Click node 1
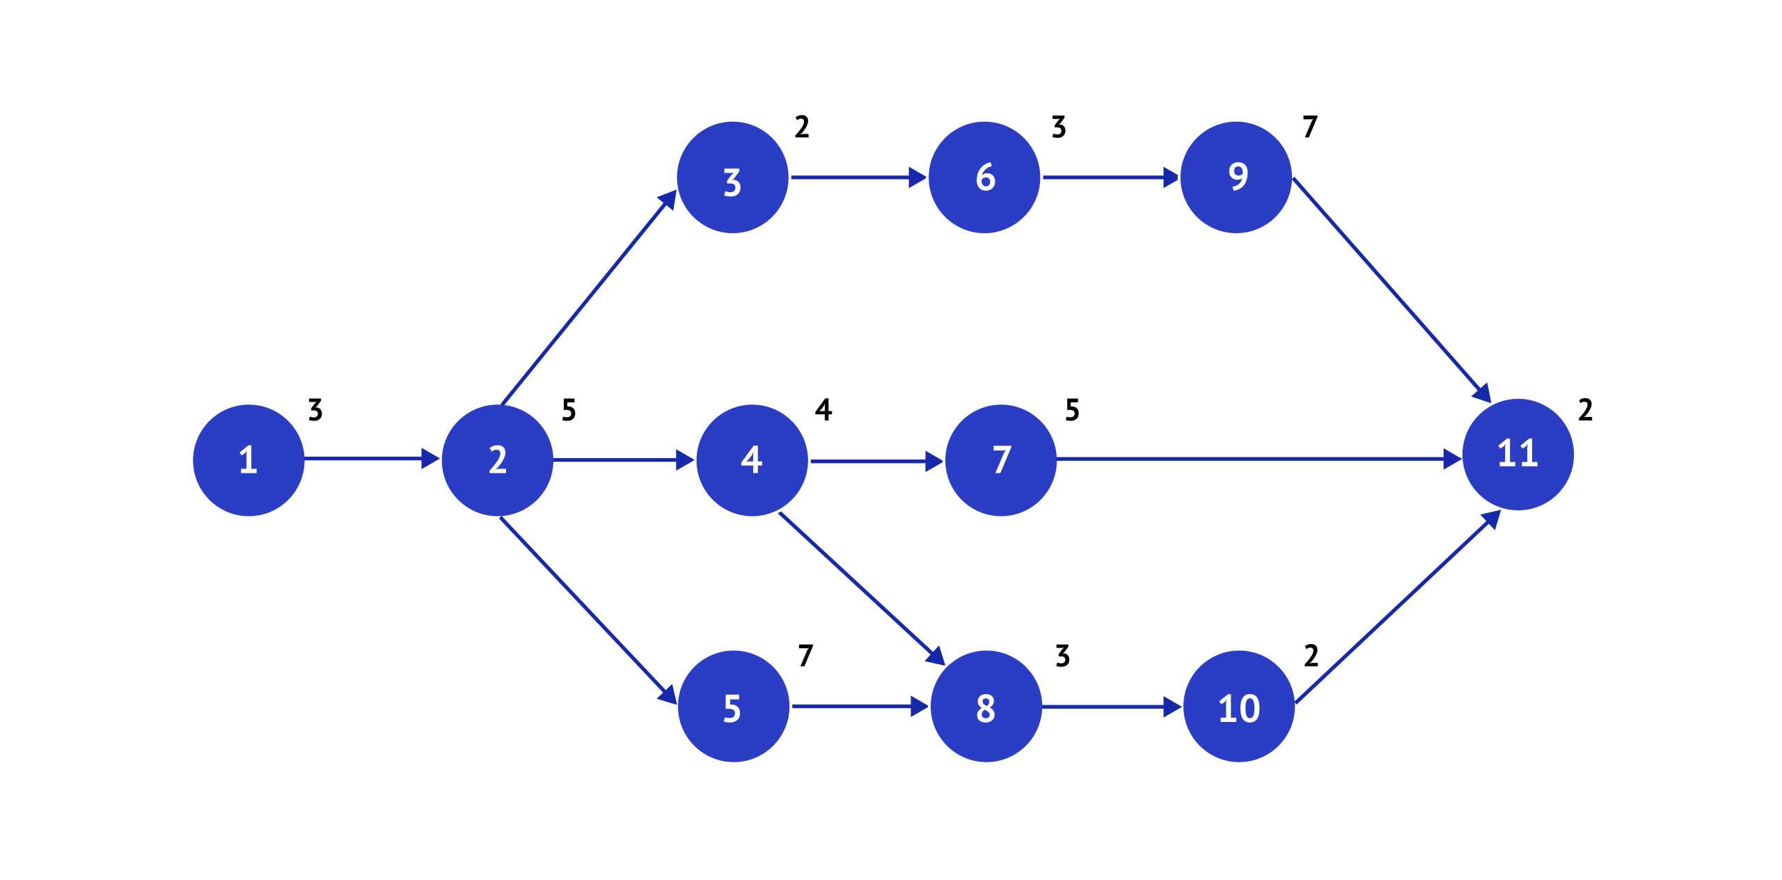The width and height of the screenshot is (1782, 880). tap(249, 460)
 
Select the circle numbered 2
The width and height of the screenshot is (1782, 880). tap(498, 460)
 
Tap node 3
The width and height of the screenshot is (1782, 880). tap(733, 178)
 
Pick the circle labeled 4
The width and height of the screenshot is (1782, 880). tap(752, 460)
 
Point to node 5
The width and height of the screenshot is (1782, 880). tap(734, 707)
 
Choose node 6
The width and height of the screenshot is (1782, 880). tap(985, 178)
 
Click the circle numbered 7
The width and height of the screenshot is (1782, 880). tap(1001, 460)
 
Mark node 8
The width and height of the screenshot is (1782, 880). tap(986, 707)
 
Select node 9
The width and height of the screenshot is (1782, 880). tap(1237, 178)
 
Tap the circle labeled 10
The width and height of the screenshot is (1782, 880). tap(1239, 707)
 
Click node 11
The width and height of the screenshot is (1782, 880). tap(1518, 455)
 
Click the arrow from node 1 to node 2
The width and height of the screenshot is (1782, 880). tap(372, 459)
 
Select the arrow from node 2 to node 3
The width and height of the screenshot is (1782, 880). tap(589, 297)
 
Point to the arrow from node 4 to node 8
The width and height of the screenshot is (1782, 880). tap(862, 589)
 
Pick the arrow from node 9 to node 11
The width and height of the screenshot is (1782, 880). tap(1391, 290)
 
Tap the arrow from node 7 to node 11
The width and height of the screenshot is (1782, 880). tap(1259, 459)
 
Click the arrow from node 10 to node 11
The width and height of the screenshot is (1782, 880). tap(1398, 606)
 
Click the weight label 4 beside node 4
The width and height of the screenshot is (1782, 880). tap(823, 409)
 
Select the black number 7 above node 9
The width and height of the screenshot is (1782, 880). tap(1310, 127)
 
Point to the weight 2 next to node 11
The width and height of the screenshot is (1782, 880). tap(1586, 409)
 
